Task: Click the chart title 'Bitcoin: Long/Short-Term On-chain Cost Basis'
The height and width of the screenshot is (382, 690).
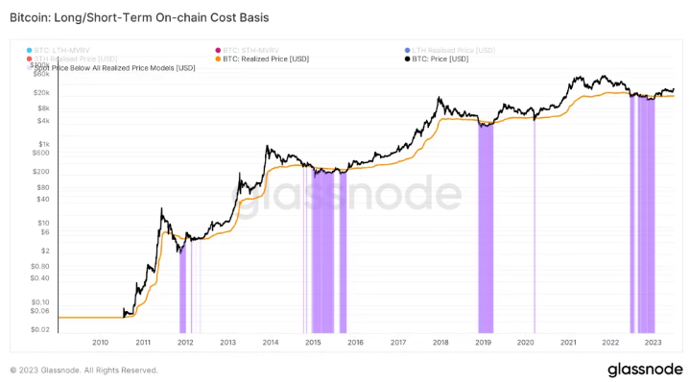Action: coord(139,18)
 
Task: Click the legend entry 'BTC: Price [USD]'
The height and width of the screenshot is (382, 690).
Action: coord(446,60)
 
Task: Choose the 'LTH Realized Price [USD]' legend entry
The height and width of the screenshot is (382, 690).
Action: coord(453,50)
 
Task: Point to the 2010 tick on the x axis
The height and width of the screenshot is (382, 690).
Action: coord(100,342)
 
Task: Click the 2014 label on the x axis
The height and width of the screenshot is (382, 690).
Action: coord(270,342)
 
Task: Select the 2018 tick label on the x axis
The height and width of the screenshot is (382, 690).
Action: coord(440,342)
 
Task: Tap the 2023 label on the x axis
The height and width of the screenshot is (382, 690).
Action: coord(653,342)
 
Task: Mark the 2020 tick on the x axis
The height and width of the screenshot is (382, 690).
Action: coord(525,342)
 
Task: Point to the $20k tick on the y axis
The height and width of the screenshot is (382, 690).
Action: coord(41,92)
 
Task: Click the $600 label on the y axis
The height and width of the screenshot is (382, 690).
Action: coord(41,152)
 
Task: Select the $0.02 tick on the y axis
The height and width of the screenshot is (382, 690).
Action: coord(40,328)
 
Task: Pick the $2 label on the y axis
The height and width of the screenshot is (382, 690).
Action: coord(45,250)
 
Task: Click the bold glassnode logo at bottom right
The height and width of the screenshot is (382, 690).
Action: coord(642,370)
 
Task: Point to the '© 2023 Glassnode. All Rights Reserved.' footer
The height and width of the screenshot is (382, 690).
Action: coord(83,370)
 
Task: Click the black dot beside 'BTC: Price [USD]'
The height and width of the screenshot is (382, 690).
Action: coord(408,60)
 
